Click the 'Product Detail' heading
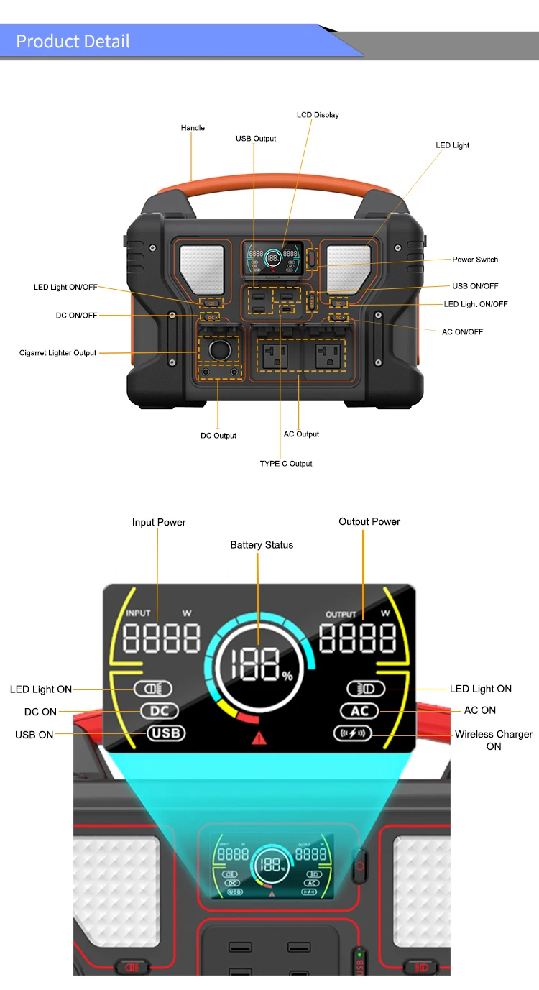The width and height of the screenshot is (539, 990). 73,41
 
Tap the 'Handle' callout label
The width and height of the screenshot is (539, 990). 193,128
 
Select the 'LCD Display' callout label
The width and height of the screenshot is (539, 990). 318,115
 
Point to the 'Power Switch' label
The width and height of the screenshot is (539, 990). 475,260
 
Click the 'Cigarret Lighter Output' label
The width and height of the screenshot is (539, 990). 57,353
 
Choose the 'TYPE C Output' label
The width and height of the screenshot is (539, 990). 286,464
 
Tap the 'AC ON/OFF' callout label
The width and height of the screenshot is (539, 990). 462,331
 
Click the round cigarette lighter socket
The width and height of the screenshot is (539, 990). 218,350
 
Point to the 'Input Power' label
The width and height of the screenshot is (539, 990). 159,522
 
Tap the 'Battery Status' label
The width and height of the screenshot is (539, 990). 262,545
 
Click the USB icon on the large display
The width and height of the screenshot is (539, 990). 166,733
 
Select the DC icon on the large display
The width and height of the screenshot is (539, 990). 160,711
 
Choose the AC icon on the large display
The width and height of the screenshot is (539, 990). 359,711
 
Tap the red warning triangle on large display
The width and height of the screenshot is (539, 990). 258,737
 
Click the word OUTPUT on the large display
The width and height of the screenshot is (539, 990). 341,615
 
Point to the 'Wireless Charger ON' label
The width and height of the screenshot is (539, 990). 494,740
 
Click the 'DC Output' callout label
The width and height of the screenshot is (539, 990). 218,436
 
